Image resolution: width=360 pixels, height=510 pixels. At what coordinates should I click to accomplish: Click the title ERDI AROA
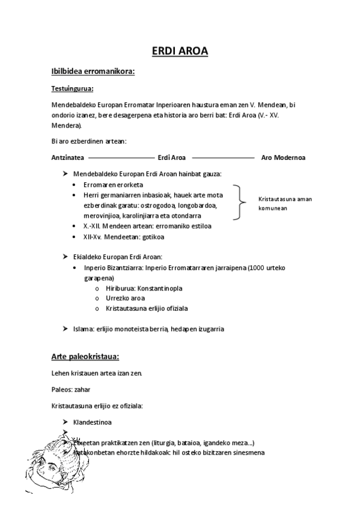pyautogui.click(x=179, y=51)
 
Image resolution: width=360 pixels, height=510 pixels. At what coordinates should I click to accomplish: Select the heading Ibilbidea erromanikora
pyautogui.click(x=93, y=72)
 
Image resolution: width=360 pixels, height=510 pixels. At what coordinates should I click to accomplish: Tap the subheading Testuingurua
pyautogui.click(x=72, y=89)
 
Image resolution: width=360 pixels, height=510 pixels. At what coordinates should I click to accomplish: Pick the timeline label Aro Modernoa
pyautogui.click(x=283, y=158)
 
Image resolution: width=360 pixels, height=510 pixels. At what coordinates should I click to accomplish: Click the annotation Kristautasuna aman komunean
pyautogui.click(x=285, y=203)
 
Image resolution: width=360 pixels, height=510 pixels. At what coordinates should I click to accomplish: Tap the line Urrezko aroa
pyautogui.click(x=125, y=298)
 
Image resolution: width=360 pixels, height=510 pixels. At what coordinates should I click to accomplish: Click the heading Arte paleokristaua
pyautogui.click(x=89, y=357)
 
